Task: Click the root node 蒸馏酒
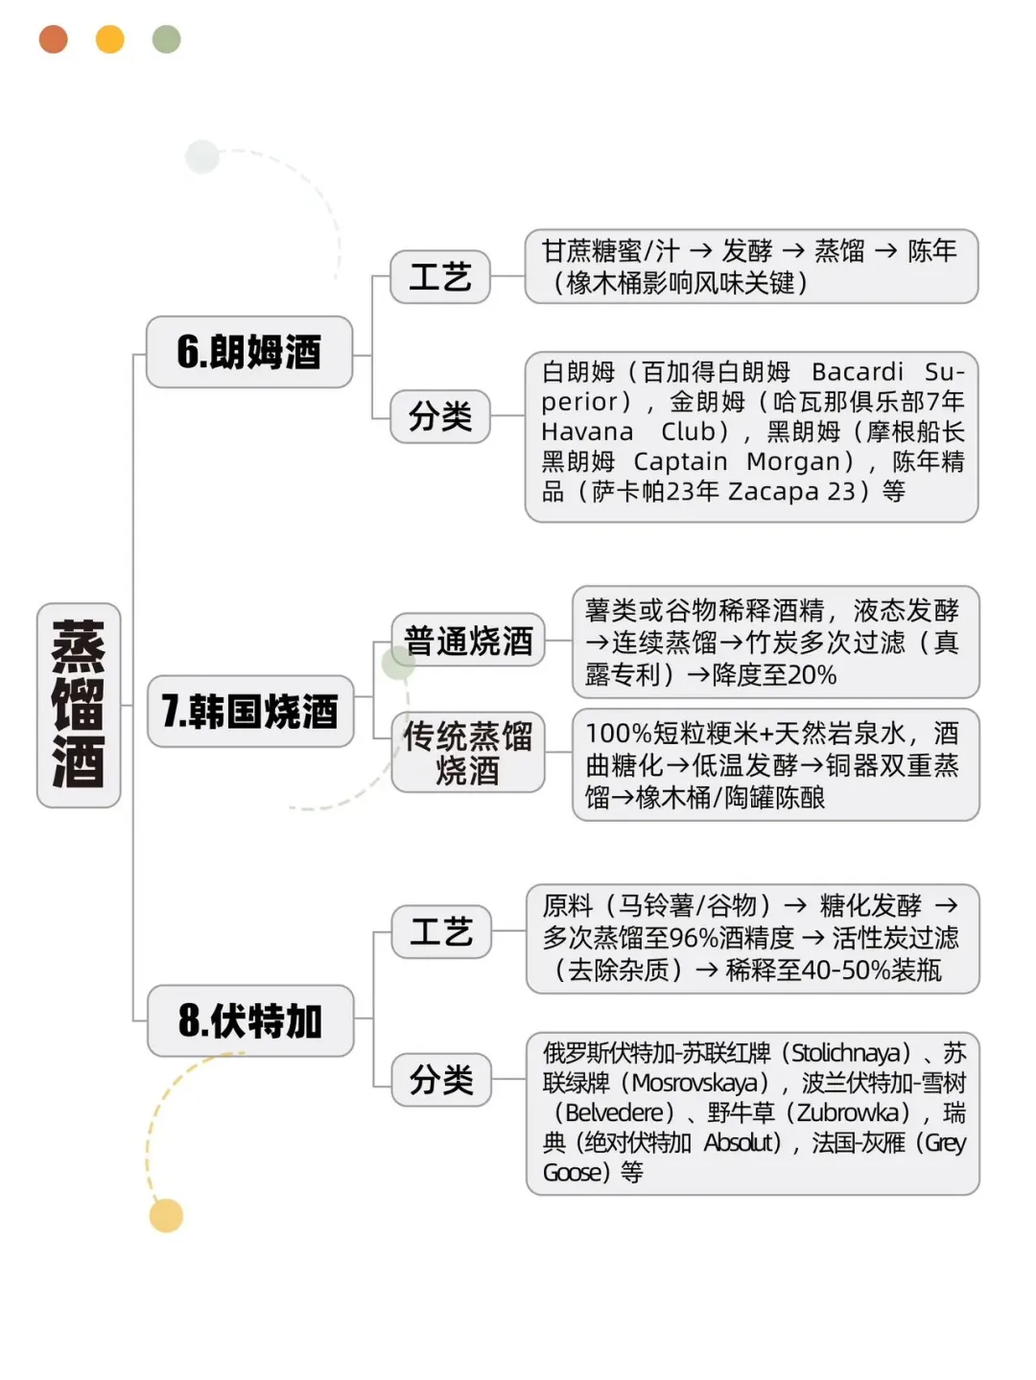(x=79, y=705)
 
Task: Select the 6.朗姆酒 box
(x=249, y=352)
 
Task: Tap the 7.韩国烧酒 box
(x=250, y=711)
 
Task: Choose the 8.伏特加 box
(x=250, y=1020)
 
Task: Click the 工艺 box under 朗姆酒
(x=440, y=277)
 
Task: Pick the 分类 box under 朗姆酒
(x=440, y=416)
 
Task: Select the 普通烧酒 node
(x=468, y=640)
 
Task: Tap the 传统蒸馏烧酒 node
(x=468, y=753)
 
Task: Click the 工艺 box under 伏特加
(x=441, y=931)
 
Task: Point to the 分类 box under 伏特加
(x=441, y=1080)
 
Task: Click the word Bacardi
(x=858, y=372)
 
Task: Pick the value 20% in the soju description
(x=811, y=675)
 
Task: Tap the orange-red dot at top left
(x=54, y=39)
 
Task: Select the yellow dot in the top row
(x=110, y=39)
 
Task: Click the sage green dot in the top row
(x=167, y=39)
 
